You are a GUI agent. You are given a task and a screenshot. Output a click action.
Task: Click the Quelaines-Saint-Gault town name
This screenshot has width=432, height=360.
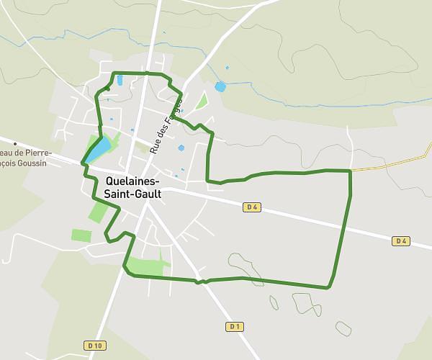pyautogui.click(x=132, y=187)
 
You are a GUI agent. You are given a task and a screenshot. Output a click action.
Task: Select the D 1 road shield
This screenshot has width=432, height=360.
pyautogui.click(x=233, y=326)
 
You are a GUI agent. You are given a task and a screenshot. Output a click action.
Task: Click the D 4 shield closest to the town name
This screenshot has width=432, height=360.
pyautogui.click(x=251, y=207)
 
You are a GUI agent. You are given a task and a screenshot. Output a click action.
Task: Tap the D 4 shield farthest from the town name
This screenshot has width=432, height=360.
pyautogui.click(x=401, y=240)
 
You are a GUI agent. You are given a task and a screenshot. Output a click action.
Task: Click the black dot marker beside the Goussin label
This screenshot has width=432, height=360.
pyautogui.click(x=15, y=144)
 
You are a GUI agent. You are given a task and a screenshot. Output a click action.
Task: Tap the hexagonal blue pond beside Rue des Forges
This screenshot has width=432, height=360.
pyautogui.click(x=181, y=148)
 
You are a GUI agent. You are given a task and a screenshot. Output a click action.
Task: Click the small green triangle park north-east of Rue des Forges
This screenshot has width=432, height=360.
pyautogui.click(x=202, y=102)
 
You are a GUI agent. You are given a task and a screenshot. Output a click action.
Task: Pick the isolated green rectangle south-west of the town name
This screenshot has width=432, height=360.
pyautogui.click(x=81, y=235)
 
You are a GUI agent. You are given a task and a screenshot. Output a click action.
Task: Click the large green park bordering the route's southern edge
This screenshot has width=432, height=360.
pyautogui.click(x=148, y=266)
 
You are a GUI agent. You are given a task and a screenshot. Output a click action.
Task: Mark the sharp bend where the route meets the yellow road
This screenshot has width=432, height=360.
pyautogui.click(x=351, y=171)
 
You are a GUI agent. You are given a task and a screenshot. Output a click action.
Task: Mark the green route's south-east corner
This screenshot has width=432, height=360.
pyautogui.click(x=328, y=287)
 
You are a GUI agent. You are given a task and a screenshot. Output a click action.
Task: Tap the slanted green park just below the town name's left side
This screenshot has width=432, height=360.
pyautogui.click(x=98, y=212)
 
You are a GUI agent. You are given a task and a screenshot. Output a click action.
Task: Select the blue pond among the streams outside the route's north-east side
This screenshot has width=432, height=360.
pyautogui.click(x=220, y=87)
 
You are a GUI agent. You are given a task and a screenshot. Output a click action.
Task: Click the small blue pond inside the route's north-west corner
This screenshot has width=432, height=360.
pyautogui.click(x=120, y=81)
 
